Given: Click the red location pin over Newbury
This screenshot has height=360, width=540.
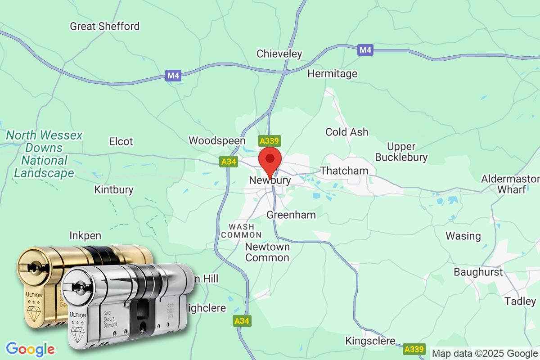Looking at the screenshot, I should (270, 160).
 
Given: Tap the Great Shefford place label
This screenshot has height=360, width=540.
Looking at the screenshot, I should (105, 26).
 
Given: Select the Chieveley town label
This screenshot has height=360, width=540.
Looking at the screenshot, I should (279, 54).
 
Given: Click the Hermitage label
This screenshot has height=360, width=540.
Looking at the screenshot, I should (332, 73).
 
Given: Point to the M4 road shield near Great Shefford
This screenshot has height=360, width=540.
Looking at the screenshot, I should (173, 76).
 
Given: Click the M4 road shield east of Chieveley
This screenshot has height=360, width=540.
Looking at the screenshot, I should (366, 50).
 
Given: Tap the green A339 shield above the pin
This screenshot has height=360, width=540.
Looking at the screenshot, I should (270, 141).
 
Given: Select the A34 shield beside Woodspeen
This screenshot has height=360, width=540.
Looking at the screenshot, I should (229, 162).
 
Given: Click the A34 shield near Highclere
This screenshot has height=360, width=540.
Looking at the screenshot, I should (242, 321).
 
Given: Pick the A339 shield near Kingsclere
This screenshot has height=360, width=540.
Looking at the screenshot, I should (414, 349).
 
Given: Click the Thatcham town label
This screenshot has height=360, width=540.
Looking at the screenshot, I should (344, 171).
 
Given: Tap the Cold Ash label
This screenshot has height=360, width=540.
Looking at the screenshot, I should (346, 132).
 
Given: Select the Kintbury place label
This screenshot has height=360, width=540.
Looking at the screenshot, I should (114, 189).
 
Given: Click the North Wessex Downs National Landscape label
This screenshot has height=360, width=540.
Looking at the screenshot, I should (44, 154).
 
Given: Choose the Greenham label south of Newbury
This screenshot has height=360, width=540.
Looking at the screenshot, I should (291, 215).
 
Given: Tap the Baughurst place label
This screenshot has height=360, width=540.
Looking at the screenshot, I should (478, 272).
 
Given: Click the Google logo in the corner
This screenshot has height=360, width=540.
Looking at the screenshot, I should (31, 349).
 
